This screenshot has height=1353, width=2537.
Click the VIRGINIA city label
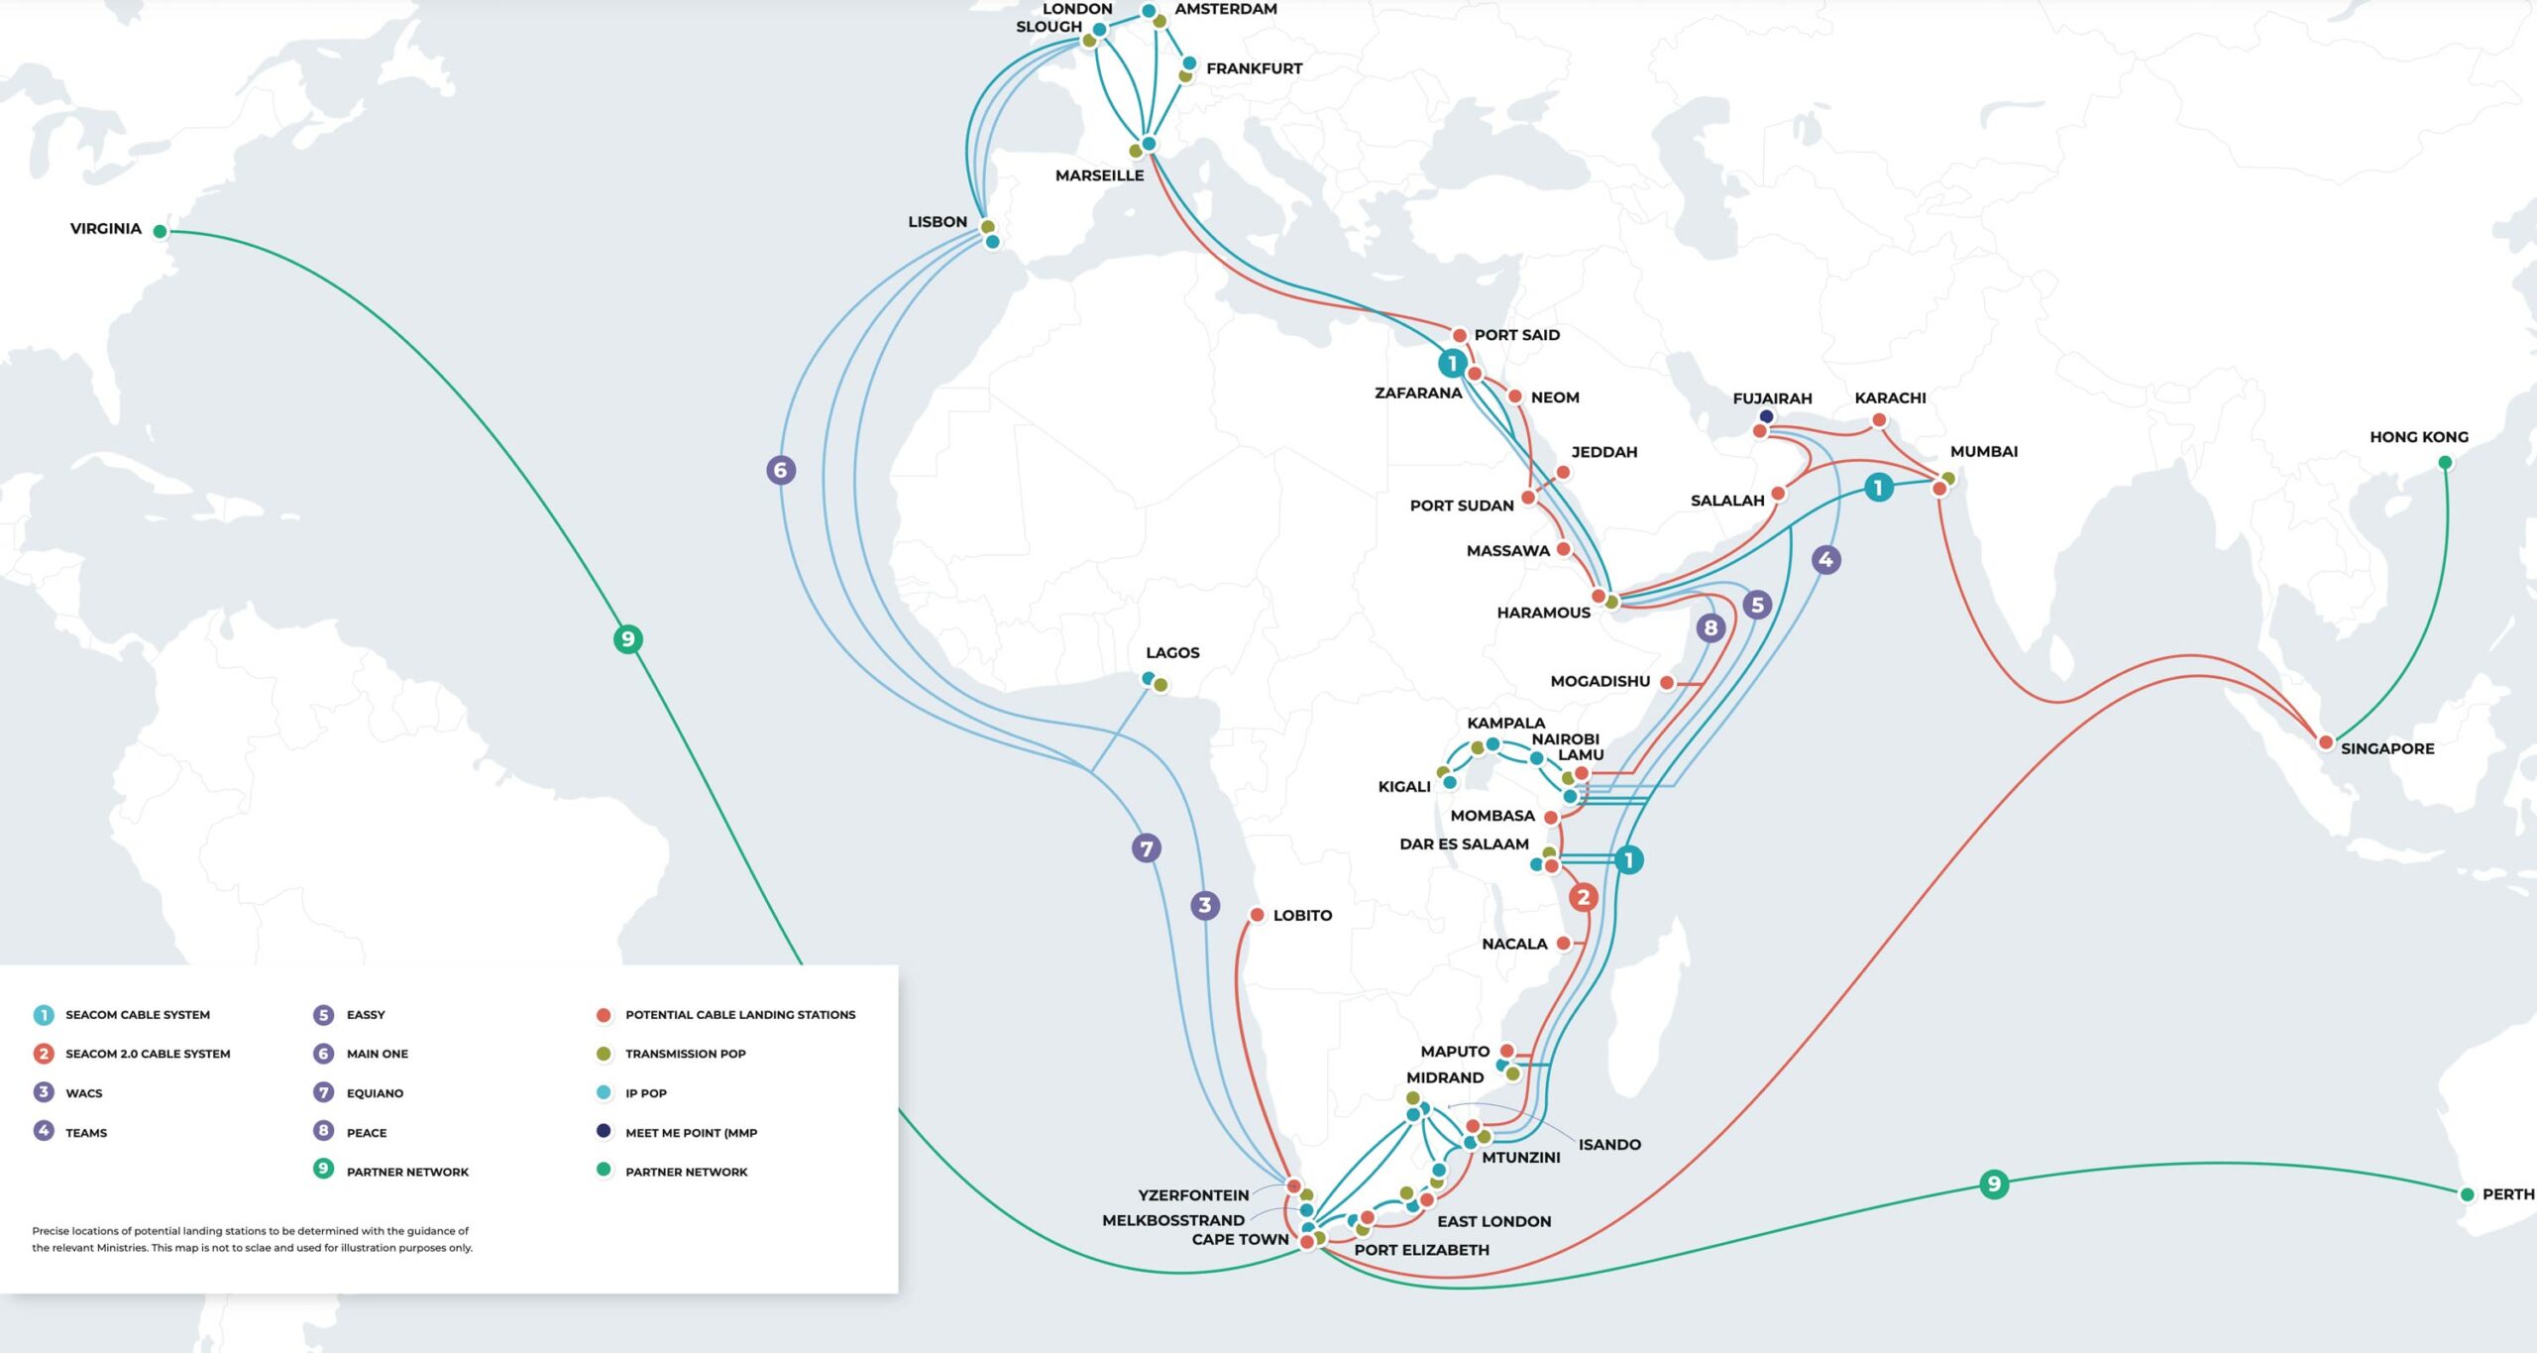point(105,229)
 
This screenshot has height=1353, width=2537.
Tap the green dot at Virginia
point(160,232)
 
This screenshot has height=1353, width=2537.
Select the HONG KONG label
point(2418,437)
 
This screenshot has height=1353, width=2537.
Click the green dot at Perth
point(2467,1194)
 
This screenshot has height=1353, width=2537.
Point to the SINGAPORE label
point(2386,748)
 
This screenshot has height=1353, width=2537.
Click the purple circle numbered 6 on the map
point(781,470)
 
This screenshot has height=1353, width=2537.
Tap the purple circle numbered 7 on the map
point(1147,848)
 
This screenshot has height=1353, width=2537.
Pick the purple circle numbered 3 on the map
point(1205,905)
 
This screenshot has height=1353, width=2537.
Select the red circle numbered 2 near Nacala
point(1583,898)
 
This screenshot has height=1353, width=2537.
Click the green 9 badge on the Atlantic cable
point(627,639)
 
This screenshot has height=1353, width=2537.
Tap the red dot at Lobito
point(1257,915)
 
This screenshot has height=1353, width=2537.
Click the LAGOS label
point(1172,653)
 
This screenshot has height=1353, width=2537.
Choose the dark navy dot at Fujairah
point(1766,416)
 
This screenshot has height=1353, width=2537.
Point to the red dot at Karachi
point(1879,420)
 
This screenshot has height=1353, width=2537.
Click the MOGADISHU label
point(1599,682)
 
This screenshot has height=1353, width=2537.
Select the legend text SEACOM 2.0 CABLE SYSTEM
point(148,1054)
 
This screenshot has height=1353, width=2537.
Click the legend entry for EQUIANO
point(375,1093)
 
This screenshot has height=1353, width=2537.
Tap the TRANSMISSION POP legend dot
point(604,1054)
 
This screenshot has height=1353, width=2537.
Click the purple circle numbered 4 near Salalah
point(1825,560)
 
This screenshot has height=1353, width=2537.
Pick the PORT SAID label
point(1516,335)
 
